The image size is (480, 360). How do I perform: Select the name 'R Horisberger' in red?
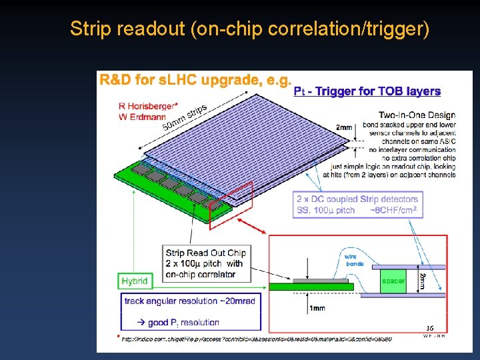[x=147, y=106]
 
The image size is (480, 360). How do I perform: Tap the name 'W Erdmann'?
[x=142, y=117]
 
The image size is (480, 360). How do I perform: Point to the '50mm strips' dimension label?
[x=185, y=117]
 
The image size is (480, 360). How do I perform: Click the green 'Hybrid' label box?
[x=135, y=281]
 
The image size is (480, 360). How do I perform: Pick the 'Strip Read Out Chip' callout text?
[x=205, y=253]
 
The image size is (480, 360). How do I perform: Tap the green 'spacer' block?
[x=393, y=281]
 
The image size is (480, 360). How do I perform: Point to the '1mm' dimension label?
[x=317, y=308]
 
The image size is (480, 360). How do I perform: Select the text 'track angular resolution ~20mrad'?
[x=189, y=301]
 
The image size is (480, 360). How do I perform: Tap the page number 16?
[x=430, y=328]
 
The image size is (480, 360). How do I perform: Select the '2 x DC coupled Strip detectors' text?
[x=357, y=199]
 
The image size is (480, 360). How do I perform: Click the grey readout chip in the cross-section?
[x=327, y=281]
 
